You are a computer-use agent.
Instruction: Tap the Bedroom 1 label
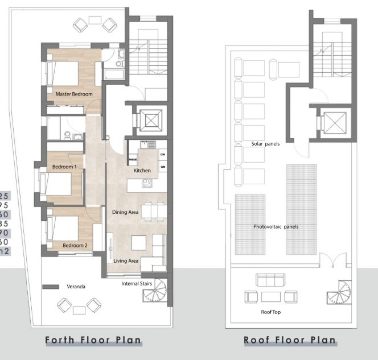(64, 167)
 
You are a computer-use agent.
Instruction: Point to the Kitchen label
(142, 171)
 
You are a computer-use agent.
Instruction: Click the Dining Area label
(125, 212)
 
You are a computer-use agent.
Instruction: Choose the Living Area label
(126, 261)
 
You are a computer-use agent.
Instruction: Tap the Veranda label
(75, 287)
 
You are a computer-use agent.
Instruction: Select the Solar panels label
(266, 144)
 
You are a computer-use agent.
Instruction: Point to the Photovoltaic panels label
(276, 226)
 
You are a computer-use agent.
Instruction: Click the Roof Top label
(271, 312)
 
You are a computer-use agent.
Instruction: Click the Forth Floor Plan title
(93, 341)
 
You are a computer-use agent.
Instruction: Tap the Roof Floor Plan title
(289, 341)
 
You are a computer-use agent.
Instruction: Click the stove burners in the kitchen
(146, 184)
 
